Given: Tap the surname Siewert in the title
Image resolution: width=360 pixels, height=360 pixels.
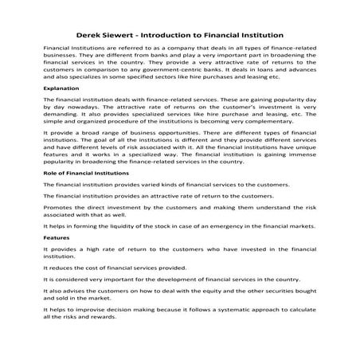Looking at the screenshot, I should click(133, 35).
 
